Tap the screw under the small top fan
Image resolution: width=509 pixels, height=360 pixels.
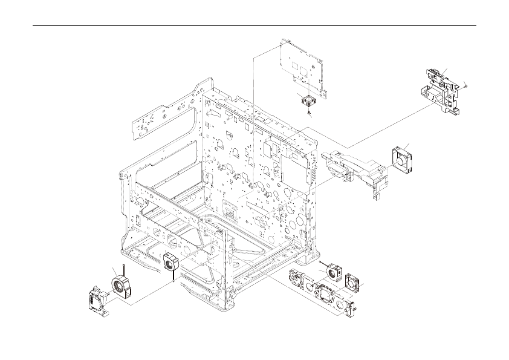pyautogui.click(x=310, y=112)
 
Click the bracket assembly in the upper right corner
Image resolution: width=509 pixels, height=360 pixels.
pyautogui.click(x=443, y=91)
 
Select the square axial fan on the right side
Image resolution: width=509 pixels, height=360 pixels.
pyautogui.click(x=401, y=159)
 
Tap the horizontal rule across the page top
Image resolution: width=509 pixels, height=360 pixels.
pyautogui.click(x=254, y=26)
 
